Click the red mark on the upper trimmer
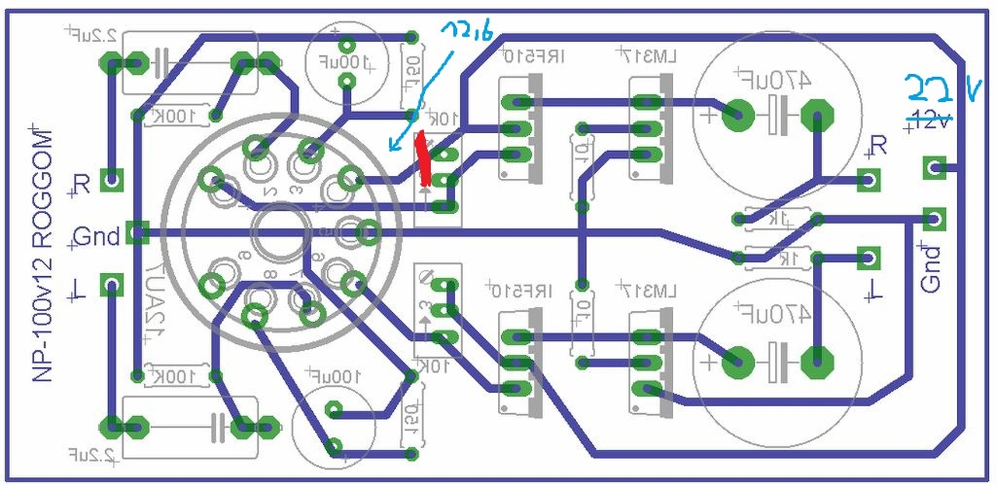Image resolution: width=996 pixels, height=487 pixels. click(423, 159)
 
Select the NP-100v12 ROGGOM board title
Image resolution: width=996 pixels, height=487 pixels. click(44, 257)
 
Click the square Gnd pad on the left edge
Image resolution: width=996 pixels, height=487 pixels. click(137, 232)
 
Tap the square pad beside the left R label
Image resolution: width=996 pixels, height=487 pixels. click(114, 182)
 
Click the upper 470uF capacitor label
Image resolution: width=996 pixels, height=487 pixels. click(773, 79)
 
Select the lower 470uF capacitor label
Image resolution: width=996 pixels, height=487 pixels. click(773, 314)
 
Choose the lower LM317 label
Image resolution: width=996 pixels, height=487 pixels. click(647, 292)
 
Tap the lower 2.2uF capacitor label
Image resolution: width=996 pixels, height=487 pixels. click(92, 452)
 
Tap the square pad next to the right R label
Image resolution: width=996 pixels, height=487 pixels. click(868, 180)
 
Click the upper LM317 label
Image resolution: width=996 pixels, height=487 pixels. click(647, 56)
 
